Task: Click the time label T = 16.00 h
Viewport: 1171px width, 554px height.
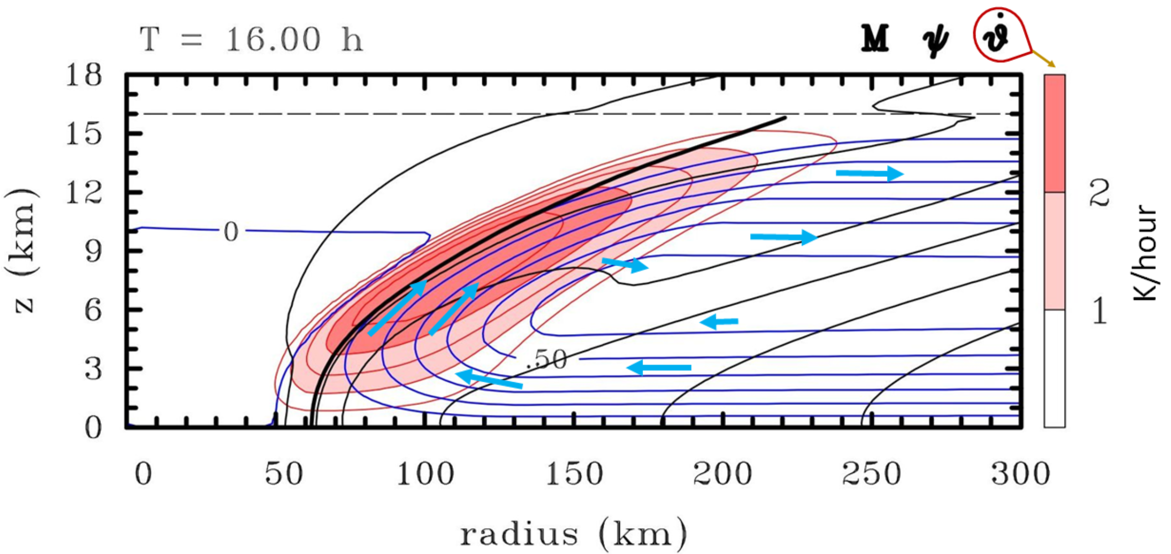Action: click(251, 40)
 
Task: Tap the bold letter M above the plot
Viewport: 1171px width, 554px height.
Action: click(875, 39)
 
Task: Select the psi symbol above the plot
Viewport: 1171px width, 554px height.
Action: click(935, 41)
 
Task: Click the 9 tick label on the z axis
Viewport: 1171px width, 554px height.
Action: click(94, 251)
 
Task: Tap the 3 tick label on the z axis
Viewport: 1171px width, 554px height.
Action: click(94, 369)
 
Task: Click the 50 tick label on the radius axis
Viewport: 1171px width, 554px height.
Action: click(284, 474)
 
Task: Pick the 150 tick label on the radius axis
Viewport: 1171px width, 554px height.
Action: click(575, 474)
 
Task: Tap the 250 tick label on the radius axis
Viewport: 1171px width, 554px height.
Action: click(872, 474)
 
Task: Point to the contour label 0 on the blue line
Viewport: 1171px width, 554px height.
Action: click(231, 232)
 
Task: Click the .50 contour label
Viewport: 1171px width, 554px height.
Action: click(547, 359)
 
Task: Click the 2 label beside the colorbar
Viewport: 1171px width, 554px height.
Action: click(1099, 193)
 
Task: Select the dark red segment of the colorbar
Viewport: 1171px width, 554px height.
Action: click(1054, 133)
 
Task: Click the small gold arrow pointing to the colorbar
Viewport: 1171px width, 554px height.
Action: click(1044, 59)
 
